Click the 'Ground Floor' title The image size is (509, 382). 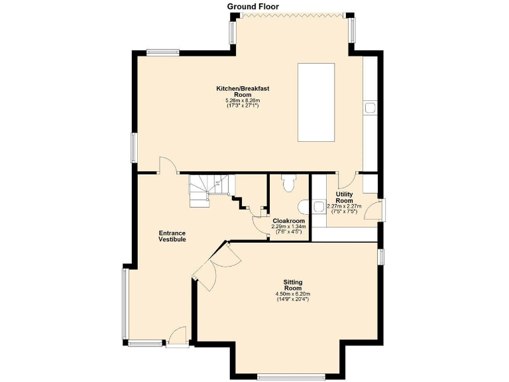coord(253,6)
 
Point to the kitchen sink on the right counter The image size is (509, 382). coord(370,106)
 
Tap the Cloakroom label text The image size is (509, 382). coord(289,221)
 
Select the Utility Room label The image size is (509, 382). coord(344,197)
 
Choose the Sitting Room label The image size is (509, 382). coord(293,285)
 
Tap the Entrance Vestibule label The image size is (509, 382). coord(172,236)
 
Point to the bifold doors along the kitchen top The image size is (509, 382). coord(291,14)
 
